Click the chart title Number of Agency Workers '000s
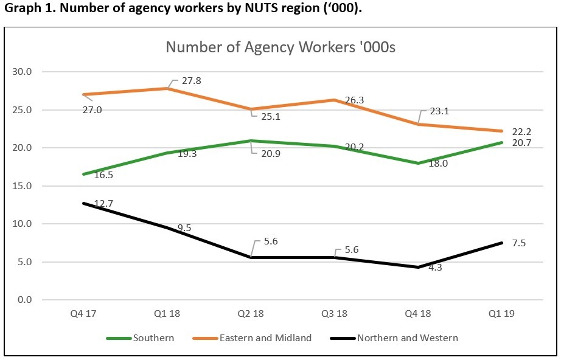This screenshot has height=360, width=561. pos(280,47)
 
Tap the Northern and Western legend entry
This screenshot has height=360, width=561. pos(407,338)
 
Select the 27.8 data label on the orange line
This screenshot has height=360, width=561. pos(187,81)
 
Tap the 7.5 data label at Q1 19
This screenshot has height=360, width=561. pos(519,243)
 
